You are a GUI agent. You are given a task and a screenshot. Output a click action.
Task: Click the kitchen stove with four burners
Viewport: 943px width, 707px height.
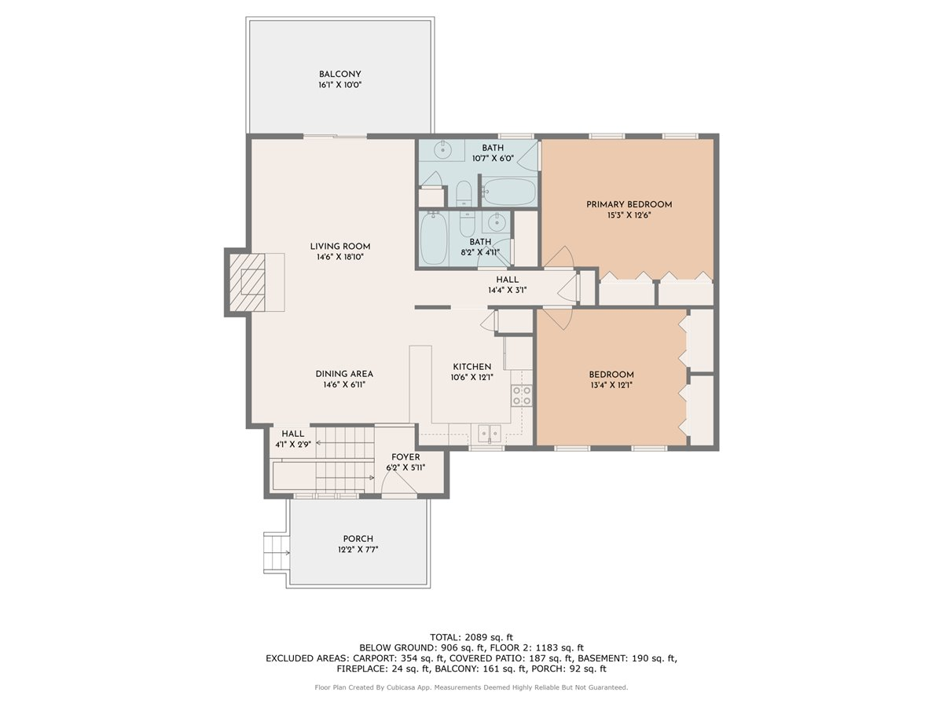522,395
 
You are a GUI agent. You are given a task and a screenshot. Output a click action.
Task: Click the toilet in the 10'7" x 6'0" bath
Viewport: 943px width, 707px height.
464,193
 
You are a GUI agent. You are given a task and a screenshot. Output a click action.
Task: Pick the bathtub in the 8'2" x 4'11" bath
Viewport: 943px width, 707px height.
434,239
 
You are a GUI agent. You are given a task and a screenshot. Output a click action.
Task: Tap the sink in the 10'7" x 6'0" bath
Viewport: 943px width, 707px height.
442,149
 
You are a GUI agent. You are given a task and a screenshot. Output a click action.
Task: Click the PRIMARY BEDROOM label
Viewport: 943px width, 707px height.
629,204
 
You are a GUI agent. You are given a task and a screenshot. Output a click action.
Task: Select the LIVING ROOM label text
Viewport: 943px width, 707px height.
339,246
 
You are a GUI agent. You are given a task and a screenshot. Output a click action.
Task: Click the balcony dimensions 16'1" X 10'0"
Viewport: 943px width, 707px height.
339,85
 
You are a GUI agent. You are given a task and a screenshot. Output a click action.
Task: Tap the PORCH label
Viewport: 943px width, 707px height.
358,539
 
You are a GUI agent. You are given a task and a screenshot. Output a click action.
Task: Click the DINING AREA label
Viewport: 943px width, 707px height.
344,374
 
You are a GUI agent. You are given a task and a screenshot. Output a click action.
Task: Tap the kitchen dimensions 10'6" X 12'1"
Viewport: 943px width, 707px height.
472,377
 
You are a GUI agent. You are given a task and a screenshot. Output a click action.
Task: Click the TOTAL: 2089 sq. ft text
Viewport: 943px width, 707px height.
472,636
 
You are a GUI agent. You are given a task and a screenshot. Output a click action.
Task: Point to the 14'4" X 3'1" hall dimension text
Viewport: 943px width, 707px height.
507,290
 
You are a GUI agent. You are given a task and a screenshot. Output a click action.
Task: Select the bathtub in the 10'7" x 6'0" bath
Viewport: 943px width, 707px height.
508,191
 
